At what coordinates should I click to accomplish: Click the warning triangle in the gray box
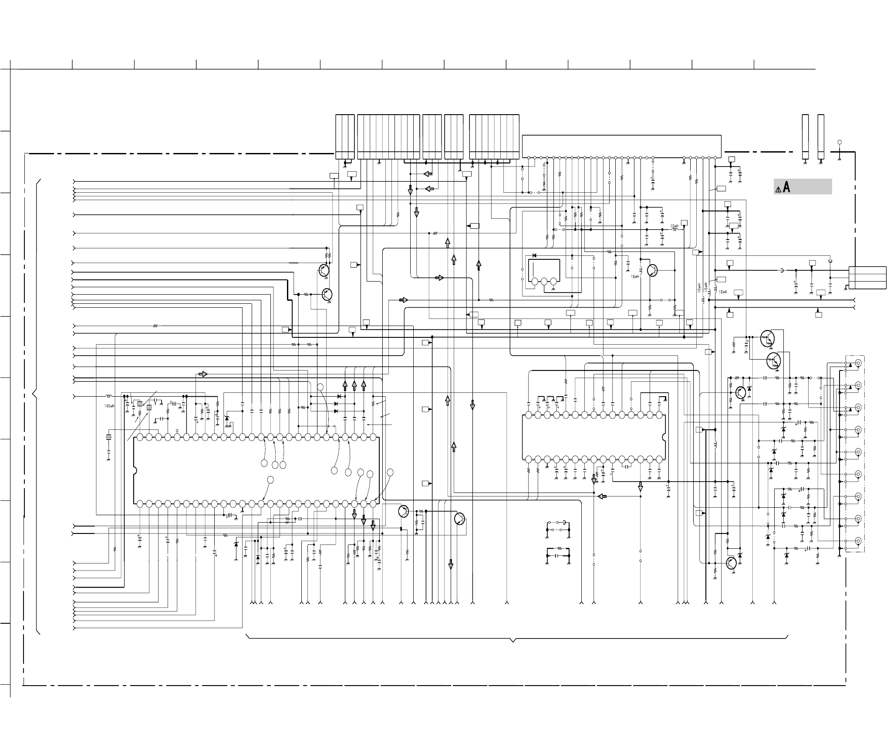click(778, 189)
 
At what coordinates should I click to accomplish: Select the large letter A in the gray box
click(786, 187)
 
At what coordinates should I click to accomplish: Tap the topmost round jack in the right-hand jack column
click(858, 363)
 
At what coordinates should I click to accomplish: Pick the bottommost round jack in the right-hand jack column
click(858, 541)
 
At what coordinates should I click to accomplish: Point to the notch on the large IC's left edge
click(135, 470)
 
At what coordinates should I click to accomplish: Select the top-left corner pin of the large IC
click(140, 437)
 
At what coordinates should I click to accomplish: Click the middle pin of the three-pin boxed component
click(544, 282)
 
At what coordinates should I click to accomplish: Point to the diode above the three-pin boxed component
click(534, 255)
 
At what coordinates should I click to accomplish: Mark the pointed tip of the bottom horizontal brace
click(513, 642)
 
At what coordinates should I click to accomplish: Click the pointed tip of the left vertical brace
click(33, 394)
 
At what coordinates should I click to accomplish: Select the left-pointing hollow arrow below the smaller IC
click(602, 496)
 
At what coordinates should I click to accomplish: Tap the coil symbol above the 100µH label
click(109, 396)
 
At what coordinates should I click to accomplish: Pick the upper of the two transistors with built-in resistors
click(767, 338)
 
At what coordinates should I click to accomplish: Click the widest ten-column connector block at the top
click(388, 137)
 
